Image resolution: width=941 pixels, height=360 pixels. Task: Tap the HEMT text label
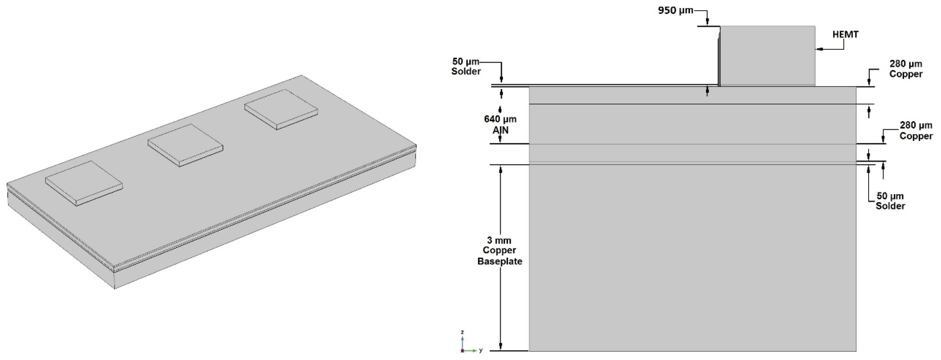click(845, 35)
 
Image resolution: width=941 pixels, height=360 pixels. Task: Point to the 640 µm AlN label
click(500, 124)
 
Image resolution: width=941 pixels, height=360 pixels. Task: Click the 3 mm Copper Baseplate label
click(499, 250)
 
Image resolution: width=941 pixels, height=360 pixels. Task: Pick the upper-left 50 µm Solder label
click(466, 66)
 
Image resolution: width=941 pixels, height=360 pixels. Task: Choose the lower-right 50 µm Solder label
click(890, 201)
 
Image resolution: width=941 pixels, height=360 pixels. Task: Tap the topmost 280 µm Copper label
click(906, 69)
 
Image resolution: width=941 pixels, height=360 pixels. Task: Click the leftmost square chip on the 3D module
click(84, 183)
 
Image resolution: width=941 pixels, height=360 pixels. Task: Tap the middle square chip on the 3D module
click(185, 145)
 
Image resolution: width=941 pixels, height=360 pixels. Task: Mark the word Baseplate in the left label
click(499, 261)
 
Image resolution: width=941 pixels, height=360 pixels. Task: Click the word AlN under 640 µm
click(500, 130)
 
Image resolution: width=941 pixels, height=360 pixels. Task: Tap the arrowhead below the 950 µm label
click(707, 23)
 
